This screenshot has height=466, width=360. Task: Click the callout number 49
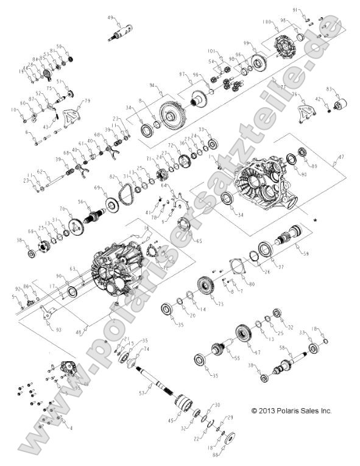[x=111, y=17]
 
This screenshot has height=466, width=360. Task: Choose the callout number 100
[x=266, y=22]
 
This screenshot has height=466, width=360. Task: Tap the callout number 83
[x=330, y=89]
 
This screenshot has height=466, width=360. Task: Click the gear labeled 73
[x=208, y=286]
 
